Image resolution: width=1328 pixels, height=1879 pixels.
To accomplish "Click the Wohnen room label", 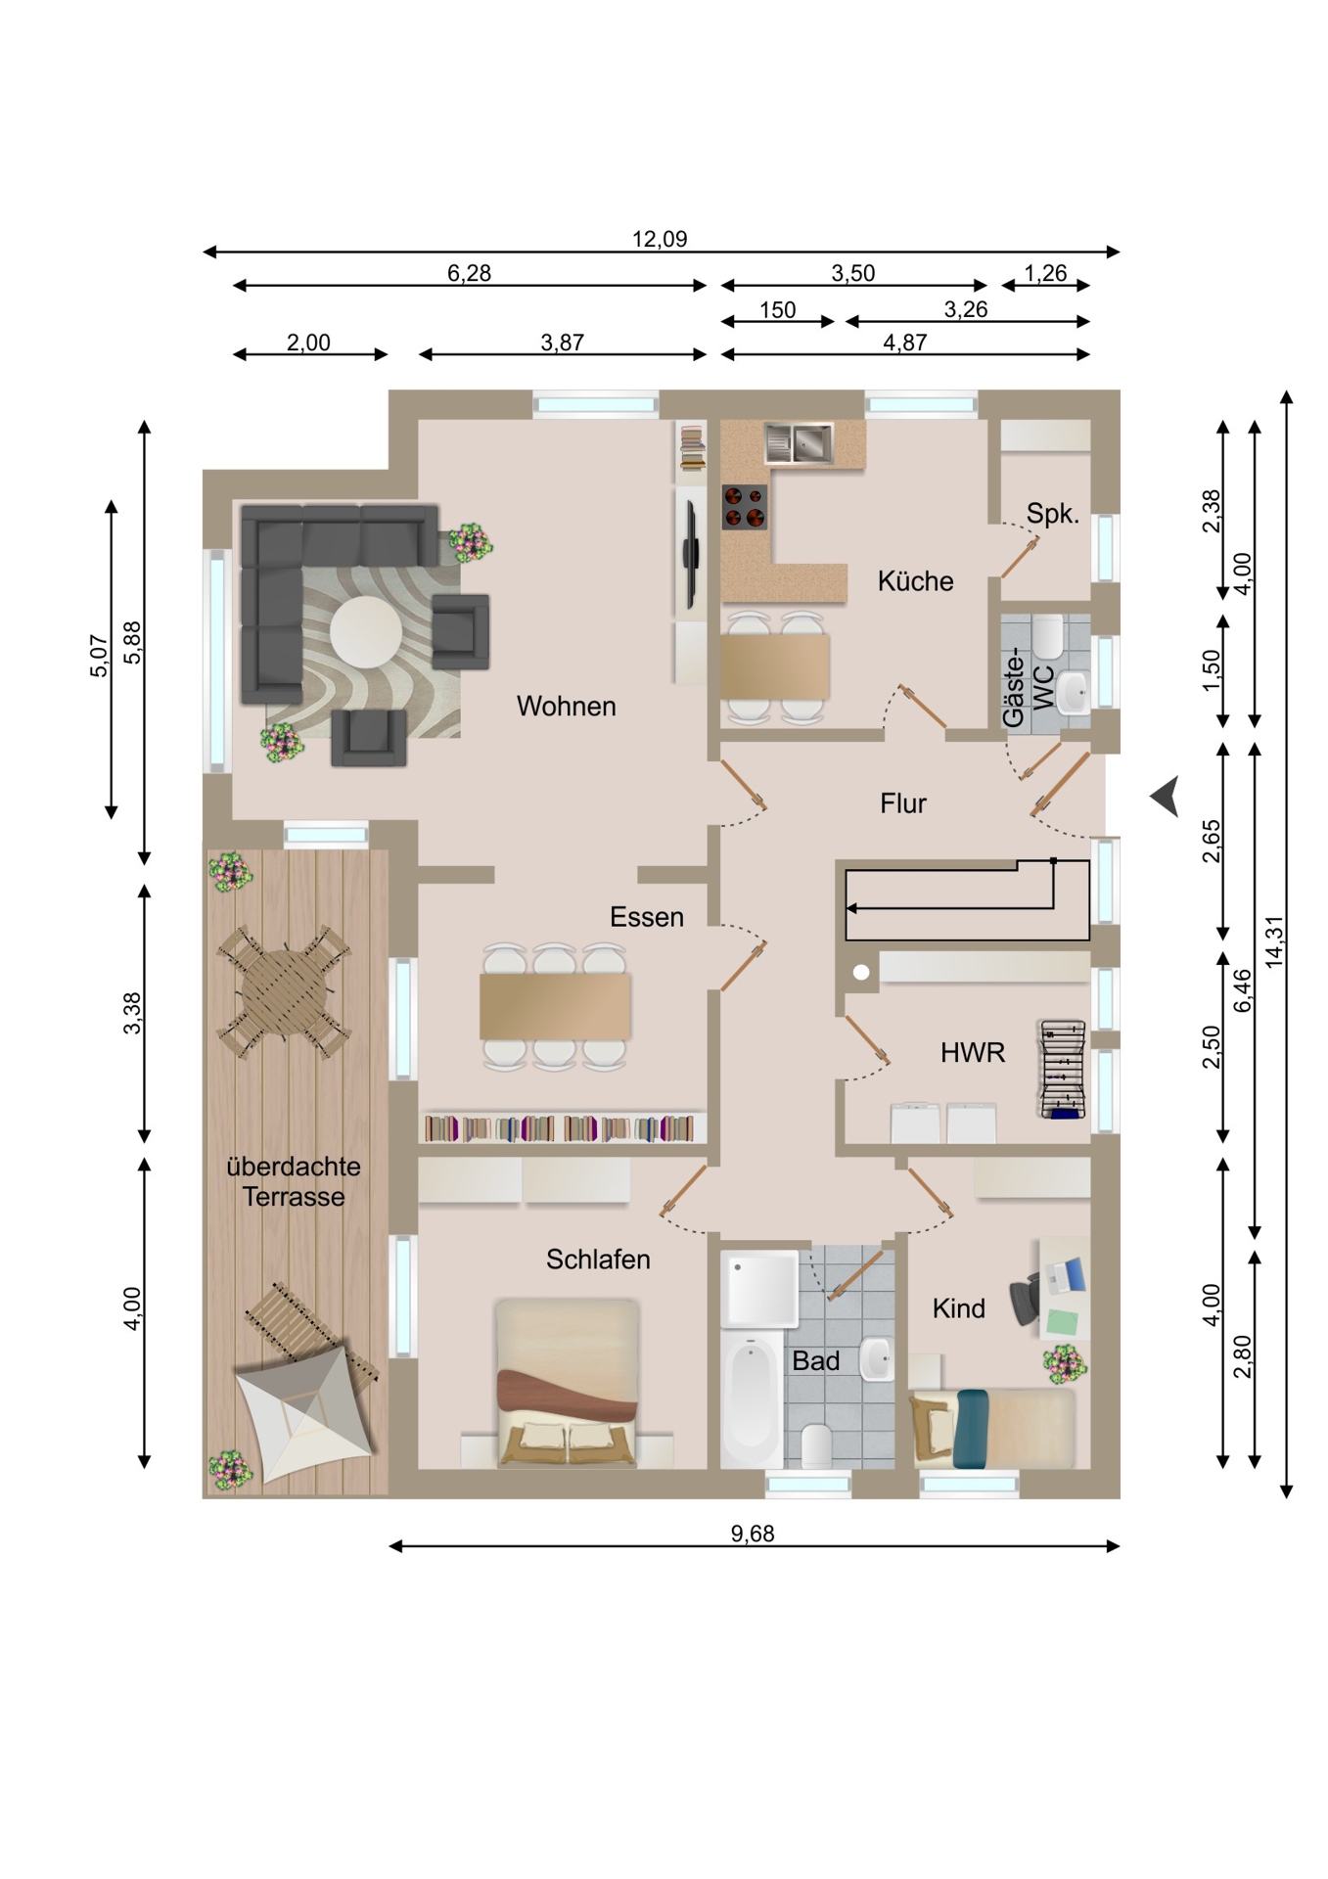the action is click(566, 706).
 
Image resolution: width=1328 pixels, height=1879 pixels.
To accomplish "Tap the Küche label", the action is click(915, 580).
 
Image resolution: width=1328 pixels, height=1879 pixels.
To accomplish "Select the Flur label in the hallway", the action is click(902, 803).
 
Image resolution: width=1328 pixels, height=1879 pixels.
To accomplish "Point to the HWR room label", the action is click(972, 1053).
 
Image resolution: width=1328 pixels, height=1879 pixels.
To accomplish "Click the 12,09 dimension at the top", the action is click(660, 239).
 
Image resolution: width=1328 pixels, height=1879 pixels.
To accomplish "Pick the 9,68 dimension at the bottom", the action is click(753, 1534).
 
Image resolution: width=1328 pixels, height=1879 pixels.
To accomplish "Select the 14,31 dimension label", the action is click(1273, 941).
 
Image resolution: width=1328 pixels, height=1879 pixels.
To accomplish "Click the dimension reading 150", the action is click(778, 310).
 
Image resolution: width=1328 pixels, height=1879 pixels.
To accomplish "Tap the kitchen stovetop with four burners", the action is click(745, 507).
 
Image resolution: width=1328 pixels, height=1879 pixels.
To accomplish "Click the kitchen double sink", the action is click(799, 442).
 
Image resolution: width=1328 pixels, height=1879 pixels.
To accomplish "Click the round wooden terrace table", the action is click(283, 991).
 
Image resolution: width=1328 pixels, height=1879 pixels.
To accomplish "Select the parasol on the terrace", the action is click(305, 1414).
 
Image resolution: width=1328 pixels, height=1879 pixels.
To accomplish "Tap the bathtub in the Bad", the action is click(752, 1397).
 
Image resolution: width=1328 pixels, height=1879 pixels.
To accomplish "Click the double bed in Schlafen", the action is click(567, 1383).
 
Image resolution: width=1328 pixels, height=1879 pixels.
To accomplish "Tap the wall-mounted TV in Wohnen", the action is click(690, 554).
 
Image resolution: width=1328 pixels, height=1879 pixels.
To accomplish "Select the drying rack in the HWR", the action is click(1063, 1069).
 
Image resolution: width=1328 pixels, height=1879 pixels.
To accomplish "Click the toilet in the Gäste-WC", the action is click(1048, 637).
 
